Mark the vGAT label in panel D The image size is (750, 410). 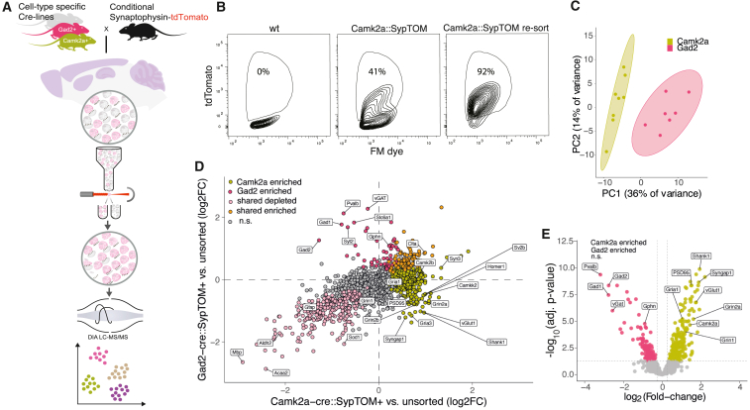pyautogui.click(x=379, y=198)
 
